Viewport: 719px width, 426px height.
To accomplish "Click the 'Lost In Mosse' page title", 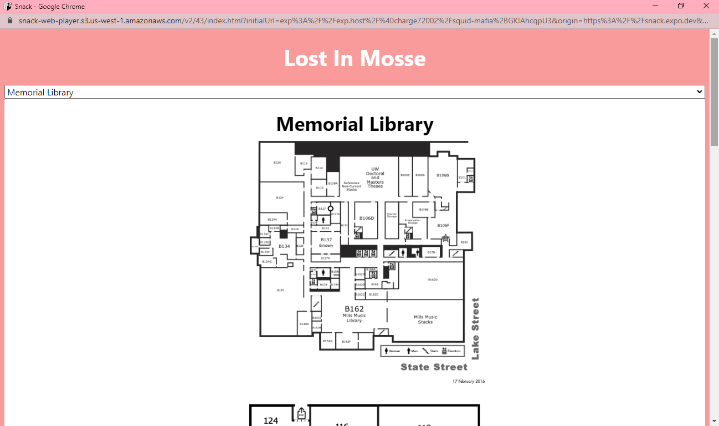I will coord(355,58).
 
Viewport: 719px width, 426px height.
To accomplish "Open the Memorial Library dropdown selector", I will coord(355,92).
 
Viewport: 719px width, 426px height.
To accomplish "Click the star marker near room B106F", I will coord(445,238).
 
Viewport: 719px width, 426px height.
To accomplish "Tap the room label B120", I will coord(277,163).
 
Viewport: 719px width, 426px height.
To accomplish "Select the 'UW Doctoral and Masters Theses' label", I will coord(375,177).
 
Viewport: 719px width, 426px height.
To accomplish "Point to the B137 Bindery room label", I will coord(326,242).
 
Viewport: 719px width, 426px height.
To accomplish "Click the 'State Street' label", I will coord(434,367).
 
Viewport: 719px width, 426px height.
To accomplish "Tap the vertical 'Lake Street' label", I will coord(475,328).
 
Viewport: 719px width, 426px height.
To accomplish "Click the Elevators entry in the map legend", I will coord(451,351).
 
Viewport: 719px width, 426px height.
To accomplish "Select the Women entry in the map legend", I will coord(392,351).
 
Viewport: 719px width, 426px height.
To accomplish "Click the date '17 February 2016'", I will coord(468,381).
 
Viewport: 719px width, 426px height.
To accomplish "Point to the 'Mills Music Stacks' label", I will coord(425,319).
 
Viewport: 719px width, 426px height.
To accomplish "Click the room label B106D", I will coord(367,218).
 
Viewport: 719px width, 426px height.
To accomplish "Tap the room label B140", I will coord(280,290).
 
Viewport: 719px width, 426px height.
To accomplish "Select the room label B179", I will coord(431,252).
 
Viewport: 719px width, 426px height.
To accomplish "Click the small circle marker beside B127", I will coord(331,209).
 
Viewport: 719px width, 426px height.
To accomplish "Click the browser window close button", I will coord(706,6).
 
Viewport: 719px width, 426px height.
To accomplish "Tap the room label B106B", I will coord(443,175).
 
